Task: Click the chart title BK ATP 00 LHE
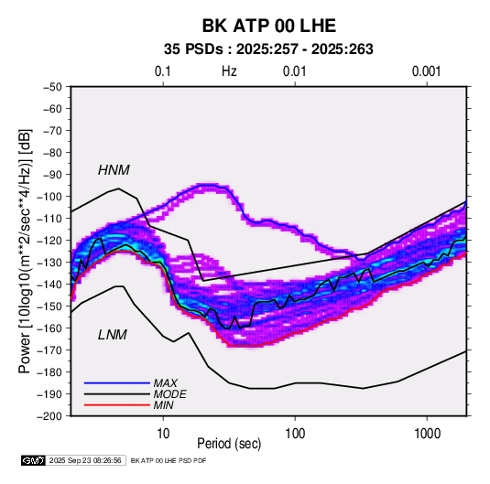pos(269,26)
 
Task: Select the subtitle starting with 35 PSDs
pos(268,49)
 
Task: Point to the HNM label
pos(114,170)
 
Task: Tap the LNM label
pos(113,335)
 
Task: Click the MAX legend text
pos(166,382)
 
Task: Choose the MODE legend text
pos(170,394)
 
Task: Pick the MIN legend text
pos(163,405)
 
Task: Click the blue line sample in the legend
pos(117,382)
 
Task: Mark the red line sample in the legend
pos(117,405)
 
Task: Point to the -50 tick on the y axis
pos(53,87)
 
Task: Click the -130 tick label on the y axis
pos(49,263)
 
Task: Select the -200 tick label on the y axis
pos(49,416)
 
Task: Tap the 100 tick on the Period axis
pos(295,434)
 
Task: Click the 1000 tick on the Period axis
pos(427,434)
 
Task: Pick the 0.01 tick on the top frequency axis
pos(294,71)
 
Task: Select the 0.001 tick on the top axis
pos(426,71)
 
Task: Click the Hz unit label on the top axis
pos(229,71)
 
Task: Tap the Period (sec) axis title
pos(229,444)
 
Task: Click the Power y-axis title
pos(25,251)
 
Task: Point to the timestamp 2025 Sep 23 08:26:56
pos(85,460)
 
